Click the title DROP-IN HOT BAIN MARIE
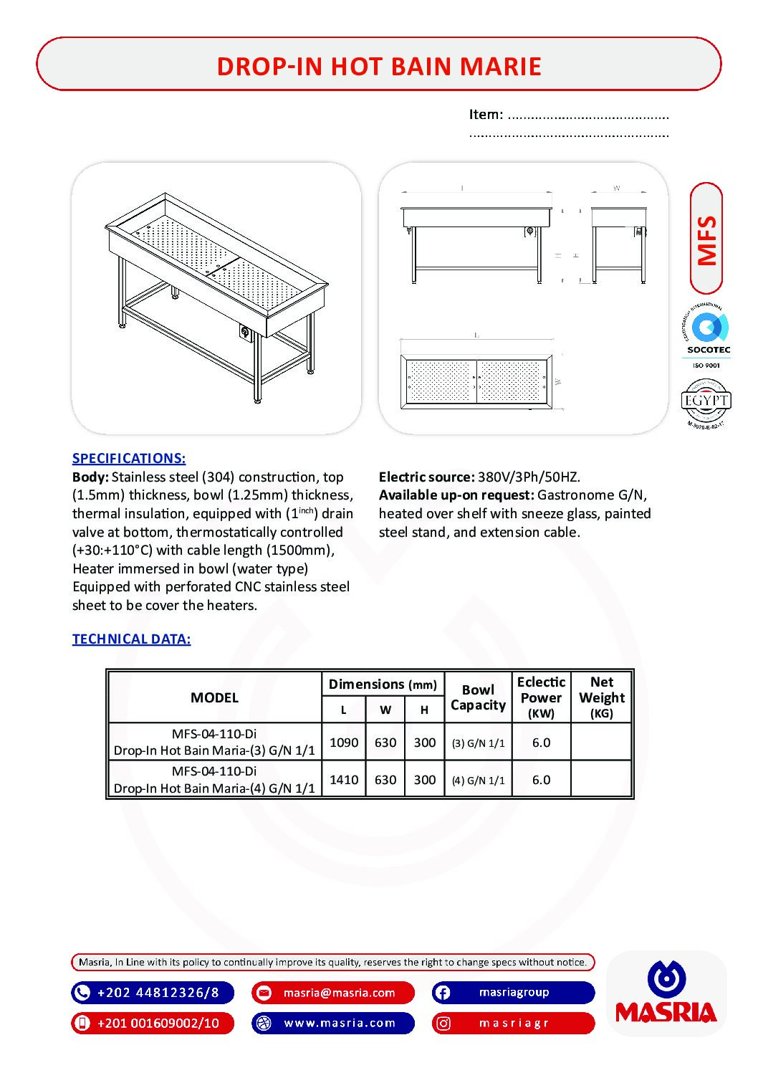[x=378, y=66]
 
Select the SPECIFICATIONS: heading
[x=129, y=458]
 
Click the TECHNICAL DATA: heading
[x=131, y=639]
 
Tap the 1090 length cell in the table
[x=344, y=743]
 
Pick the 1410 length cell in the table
[x=344, y=779]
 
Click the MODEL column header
[x=214, y=697]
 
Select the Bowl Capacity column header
[x=478, y=697]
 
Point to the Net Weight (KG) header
[x=602, y=697]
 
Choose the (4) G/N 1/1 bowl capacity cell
[x=478, y=780]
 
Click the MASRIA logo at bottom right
[x=666, y=993]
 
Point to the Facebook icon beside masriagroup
[x=443, y=993]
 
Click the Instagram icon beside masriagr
[x=443, y=1023]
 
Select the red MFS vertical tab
[x=706, y=239]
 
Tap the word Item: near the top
[x=486, y=115]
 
